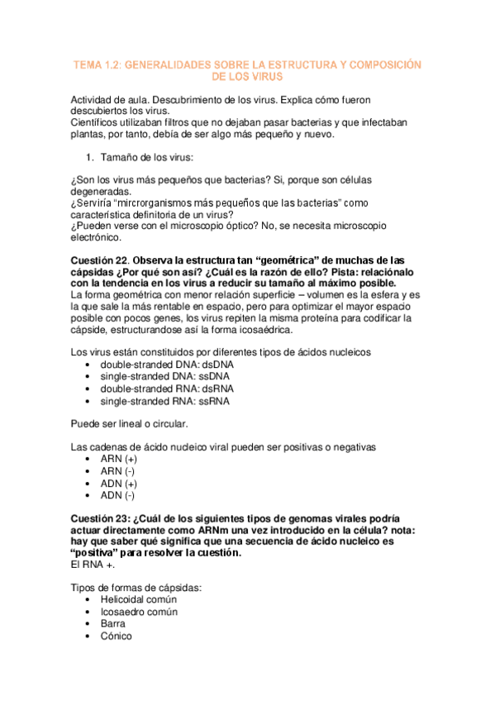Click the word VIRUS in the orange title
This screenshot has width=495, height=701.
click(x=264, y=76)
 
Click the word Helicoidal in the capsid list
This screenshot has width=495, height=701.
click(x=126, y=599)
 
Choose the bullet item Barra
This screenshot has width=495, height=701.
click(x=114, y=624)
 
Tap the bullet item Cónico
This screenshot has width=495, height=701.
click(x=116, y=637)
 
